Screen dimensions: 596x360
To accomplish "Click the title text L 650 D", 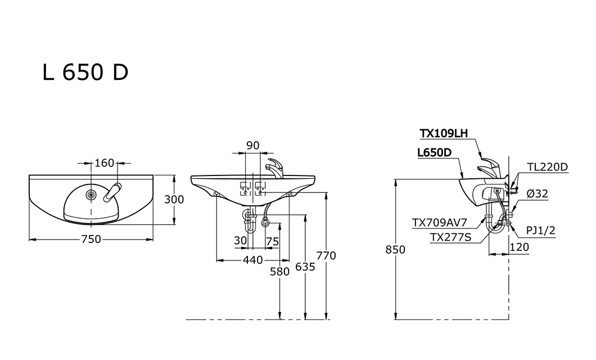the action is pos(85,72).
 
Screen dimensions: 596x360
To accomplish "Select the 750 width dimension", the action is pos(91,239).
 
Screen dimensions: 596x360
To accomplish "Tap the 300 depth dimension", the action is pos(174,199).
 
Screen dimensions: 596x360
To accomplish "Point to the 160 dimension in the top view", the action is pos(104,163).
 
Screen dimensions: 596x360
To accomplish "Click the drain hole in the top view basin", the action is pos(91,195).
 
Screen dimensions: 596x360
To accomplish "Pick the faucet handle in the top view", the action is pos(112,192).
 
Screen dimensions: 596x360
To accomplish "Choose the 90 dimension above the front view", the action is pos(253,145).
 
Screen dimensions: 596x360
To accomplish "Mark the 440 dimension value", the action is pos(253,260).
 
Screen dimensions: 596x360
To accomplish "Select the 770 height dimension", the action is pos(326,255).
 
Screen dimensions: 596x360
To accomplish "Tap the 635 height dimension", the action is pos(305,267).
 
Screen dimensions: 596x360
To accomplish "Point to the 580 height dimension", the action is pos(280,272).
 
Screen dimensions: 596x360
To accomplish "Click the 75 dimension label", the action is pos(273,241).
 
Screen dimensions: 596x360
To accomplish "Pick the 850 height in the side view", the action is pos(395,249).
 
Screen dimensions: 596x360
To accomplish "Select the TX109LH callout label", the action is pos(444,133).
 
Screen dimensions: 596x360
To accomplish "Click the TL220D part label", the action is pos(547,167).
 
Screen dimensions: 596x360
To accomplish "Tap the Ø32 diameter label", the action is pos(538,194).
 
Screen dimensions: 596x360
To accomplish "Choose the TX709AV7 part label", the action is pos(439,222).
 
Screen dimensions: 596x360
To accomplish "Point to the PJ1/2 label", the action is pos(540,231).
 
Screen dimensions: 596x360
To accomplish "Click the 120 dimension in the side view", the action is pos(519,247).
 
